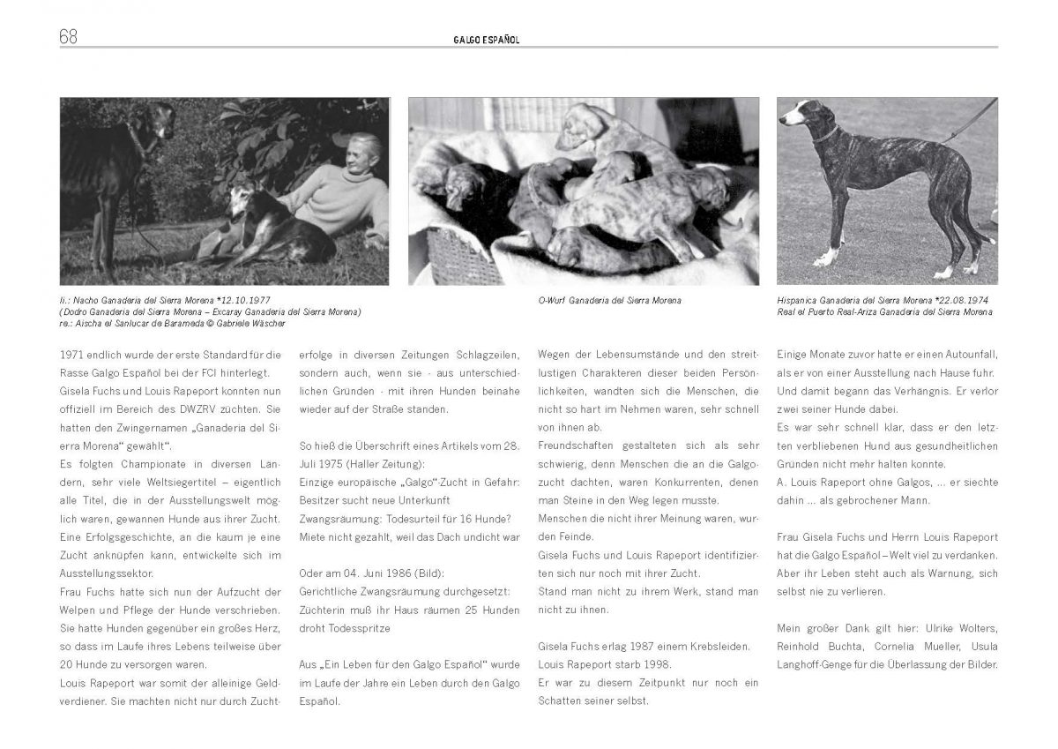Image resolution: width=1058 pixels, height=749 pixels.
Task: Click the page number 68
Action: pyautogui.click(x=68, y=36)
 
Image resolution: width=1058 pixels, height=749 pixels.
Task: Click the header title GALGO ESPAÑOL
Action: pyautogui.click(x=481, y=40)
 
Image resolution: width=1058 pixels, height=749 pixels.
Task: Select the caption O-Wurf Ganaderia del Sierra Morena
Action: pyautogui.click(x=609, y=301)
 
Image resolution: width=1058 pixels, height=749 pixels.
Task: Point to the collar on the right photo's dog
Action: pyautogui.click(x=825, y=135)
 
